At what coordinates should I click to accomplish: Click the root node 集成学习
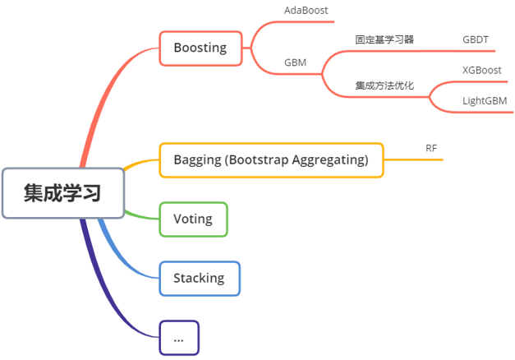pos(63,193)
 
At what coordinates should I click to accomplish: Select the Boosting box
pos(200,48)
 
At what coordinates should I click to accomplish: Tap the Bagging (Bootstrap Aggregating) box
pos(270,159)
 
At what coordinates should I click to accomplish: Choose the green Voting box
pos(193,219)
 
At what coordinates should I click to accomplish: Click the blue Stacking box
pos(199,278)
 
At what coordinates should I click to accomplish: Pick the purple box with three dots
pos(178,337)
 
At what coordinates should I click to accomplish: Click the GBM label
pos(296,62)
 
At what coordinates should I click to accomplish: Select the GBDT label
pos(475,39)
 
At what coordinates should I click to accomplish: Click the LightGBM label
pos(484,100)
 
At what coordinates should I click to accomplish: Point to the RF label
pos(431,148)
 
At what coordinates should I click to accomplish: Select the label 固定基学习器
pos(384,39)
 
